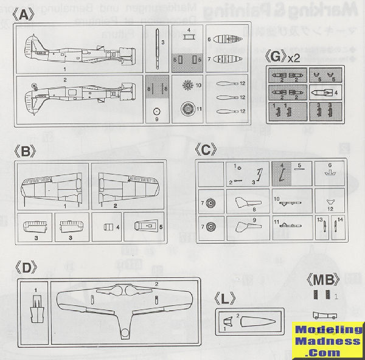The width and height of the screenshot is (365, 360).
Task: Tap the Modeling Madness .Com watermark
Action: [x=327, y=341]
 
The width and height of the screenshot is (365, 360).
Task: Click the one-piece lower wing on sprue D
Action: [x=124, y=304]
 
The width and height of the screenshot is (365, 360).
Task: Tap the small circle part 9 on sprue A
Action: [x=156, y=111]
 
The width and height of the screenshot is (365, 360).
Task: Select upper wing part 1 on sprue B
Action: [x=53, y=185]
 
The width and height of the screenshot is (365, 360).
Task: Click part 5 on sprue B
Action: [x=143, y=227]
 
